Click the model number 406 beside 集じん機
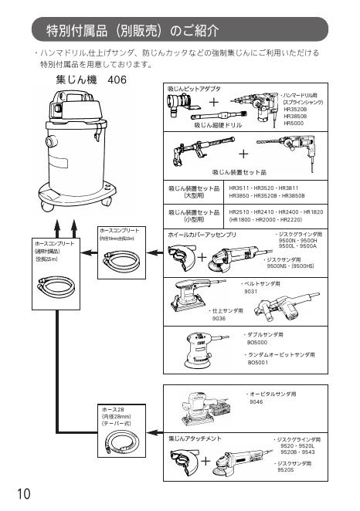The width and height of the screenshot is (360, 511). (x=117, y=80)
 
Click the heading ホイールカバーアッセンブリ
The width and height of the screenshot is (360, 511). (x=202, y=233)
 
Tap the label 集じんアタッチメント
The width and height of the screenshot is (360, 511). (x=195, y=438)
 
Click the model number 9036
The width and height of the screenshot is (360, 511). (x=219, y=317)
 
